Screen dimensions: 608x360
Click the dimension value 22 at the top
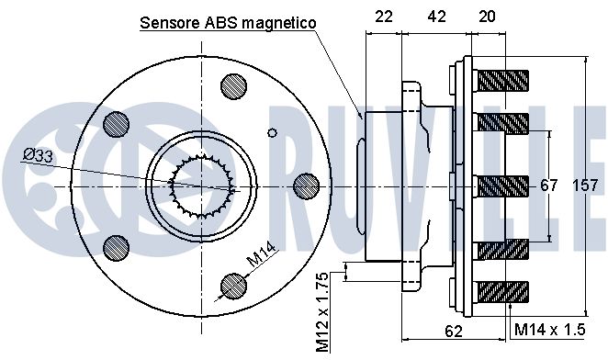[384, 17]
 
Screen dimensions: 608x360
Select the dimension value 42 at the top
[436, 17]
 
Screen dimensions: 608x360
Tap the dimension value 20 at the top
[487, 17]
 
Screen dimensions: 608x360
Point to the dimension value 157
[585, 186]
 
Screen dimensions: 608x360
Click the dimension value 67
[548, 186]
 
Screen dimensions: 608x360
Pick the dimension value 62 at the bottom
[454, 332]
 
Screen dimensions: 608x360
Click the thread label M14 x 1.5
[549, 330]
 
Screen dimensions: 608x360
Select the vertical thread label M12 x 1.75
[322, 312]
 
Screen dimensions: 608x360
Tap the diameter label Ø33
[38, 156]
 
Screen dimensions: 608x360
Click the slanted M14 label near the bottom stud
[262, 254]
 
